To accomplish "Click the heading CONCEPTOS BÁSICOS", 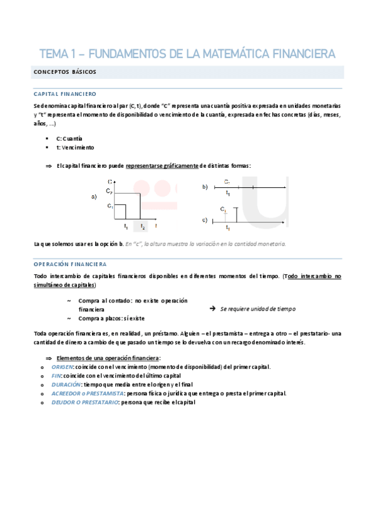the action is (64, 72).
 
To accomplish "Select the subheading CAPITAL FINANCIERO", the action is (64, 93).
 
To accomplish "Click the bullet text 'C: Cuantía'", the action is (69, 138).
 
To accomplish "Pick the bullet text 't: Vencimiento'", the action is (75, 147).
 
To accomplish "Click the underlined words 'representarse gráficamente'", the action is (162, 165).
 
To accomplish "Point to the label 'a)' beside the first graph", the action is (94, 197).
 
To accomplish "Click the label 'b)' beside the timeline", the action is (205, 187).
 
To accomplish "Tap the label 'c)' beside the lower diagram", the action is (205, 220).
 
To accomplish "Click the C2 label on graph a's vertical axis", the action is (110, 190).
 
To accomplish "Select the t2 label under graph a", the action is (143, 226).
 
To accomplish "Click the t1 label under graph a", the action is (126, 226).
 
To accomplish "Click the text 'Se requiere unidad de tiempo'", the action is (258, 309).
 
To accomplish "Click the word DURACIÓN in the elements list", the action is (66, 384).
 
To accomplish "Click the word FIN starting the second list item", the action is (56, 375).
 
